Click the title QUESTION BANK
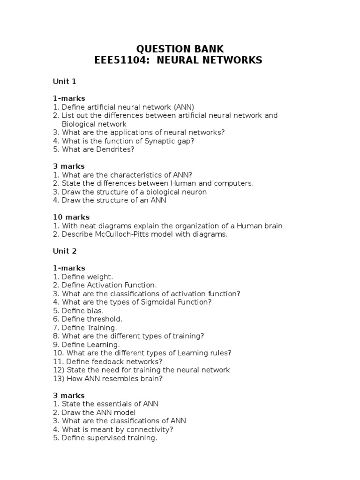(180, 49)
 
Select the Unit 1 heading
(65, 82)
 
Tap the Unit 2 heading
(65, 251)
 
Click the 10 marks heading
(71, 217)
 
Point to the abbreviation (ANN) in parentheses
(184, 107)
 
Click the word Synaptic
(159, 141)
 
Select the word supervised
(104, 438)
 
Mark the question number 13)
(59, 379)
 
